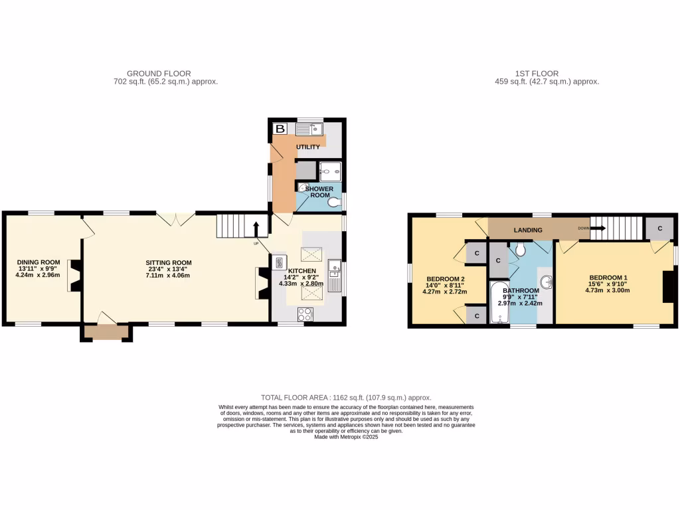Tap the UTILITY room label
click(x=308, y=147)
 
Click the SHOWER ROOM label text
click(x=319, y=193)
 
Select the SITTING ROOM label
click(x=169, y=262)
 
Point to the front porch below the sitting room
click(x=106, y=332)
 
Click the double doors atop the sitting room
click(x=175, y=218)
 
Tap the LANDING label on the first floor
click(x=528, y=230)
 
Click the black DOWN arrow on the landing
click(x=597, y=228)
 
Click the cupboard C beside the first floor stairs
click(x=659, y=228)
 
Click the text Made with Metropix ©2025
click(x=345, y=436)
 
